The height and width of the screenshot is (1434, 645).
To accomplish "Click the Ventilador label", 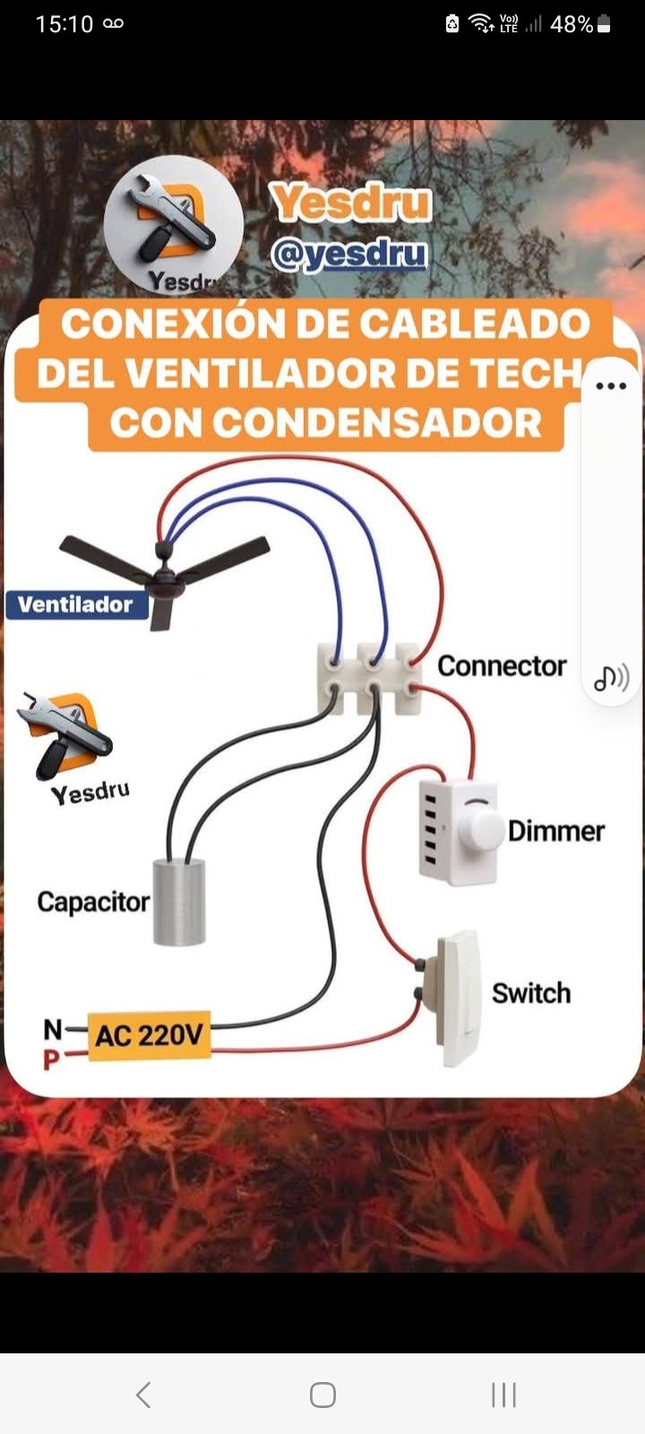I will (75, 604).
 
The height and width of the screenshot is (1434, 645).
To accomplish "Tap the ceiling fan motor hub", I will (165, 581).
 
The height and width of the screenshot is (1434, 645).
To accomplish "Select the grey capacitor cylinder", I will (179, 902).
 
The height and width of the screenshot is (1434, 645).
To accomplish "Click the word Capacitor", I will (93, 902).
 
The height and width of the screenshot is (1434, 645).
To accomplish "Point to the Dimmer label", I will (555, 831).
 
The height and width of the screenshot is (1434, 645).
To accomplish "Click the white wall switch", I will (460, 997).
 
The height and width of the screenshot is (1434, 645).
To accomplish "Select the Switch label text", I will (530, 993).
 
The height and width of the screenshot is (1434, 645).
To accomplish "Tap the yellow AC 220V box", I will (149, 1036).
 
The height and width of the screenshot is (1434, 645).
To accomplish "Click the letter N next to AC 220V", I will (53, 1029).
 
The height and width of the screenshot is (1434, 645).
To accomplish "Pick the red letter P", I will (51, 1060).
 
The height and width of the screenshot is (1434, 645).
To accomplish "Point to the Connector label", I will (502, 666).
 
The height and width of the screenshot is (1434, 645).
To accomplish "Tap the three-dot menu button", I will (611, 386).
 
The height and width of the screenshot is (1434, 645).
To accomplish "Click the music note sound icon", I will (611, 678).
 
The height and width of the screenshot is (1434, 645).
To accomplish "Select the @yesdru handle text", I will (349, 255).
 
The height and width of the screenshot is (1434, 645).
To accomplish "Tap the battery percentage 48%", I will (571, 24).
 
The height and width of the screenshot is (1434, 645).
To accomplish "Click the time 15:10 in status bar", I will (64, 24).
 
